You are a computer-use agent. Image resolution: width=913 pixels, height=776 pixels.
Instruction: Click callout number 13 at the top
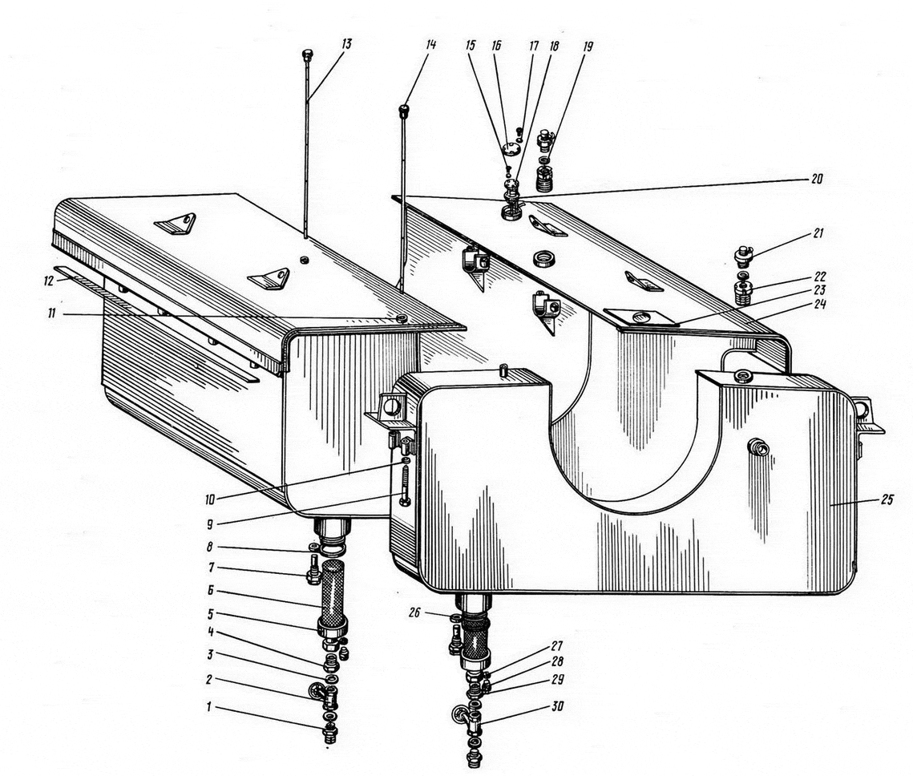[346, 44]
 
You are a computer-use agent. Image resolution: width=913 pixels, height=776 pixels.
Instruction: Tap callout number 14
[430, 44]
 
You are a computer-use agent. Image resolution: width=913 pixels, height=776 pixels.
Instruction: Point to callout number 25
[886, 499]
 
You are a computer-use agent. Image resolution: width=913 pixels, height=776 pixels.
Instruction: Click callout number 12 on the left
[48, 281]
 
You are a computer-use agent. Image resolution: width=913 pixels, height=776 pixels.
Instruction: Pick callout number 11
[52, 313]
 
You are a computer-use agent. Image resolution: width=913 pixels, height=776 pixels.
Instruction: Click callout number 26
[414, 612]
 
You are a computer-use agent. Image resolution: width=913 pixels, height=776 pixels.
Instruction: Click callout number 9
[210, 523]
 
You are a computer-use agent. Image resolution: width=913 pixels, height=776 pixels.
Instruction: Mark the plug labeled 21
[741, 256]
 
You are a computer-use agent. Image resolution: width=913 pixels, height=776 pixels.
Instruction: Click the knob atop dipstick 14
[403, 110]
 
